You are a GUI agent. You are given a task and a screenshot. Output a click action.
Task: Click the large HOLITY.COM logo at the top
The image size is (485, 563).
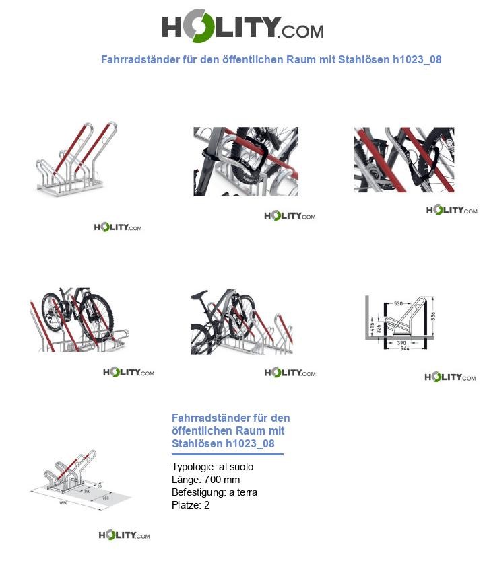[x=243, y=28]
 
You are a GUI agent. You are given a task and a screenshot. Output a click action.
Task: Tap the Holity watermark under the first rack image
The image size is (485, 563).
[x=118, y=227]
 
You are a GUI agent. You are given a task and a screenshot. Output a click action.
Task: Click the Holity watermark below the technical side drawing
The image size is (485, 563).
[x=451, y=377]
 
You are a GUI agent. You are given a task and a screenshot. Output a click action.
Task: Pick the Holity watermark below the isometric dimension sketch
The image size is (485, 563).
[x=124, y=535]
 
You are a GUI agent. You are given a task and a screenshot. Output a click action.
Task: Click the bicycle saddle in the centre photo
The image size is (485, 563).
[x=197, y=294]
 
